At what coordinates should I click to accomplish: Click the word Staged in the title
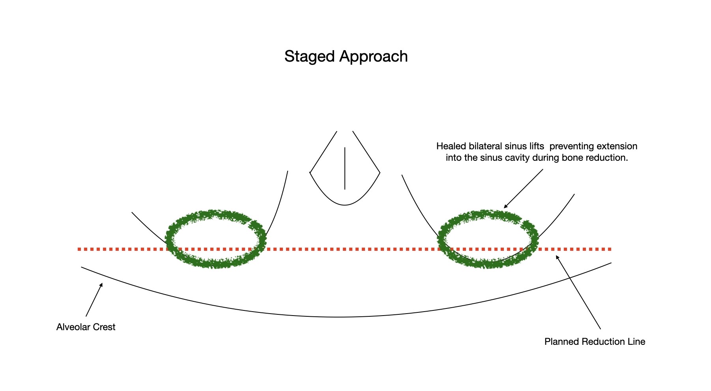(310, 56)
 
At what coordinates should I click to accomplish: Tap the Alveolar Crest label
(86, 327)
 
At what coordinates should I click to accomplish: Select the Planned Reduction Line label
(595, 342)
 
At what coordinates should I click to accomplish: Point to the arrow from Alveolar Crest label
(94, 300)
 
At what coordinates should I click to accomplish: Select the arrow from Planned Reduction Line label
(578, 293)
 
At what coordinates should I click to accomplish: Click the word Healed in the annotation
(451, 146)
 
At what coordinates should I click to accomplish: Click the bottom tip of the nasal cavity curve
(345, 205)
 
